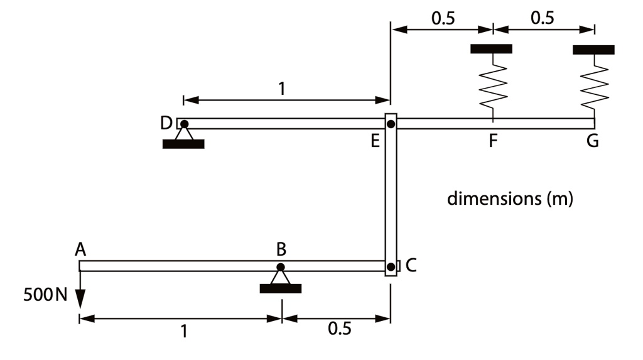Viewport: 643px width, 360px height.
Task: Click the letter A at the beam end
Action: tap(80, 249)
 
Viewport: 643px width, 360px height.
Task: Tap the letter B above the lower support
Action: tap(281, 249)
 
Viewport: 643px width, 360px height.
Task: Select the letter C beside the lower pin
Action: tap(411, 266)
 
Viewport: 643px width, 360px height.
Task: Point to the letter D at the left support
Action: tap(166, 123)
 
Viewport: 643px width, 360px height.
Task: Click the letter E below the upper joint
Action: tap(375, 141)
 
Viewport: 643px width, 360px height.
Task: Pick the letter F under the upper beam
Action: tap(493, 141)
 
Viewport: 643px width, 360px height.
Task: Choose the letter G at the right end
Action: tap(592, 141)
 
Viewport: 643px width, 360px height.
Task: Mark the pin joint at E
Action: tap(391, 124)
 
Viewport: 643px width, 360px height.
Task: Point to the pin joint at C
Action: tap(391, 266)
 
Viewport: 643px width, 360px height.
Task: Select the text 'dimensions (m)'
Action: tap(510, 199)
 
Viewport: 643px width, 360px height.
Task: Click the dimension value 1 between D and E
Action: tap(282, 89)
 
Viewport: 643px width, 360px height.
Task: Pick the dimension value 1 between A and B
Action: tap(184, 331)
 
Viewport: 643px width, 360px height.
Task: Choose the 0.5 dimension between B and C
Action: tap(340, 329)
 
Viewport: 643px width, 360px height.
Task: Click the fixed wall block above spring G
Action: tap(593, 50)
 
